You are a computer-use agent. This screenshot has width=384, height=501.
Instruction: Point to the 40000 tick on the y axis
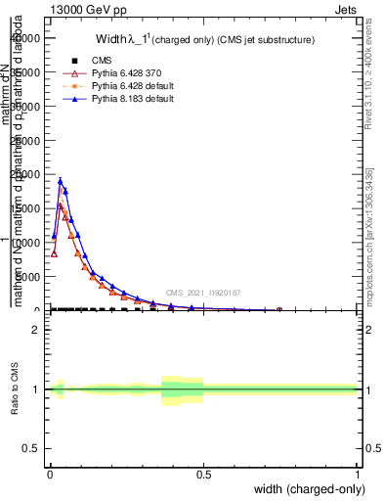pos(29,38)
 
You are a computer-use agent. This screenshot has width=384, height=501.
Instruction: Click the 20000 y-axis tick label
pos(29,174)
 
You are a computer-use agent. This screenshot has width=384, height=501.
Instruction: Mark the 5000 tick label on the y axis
pos(32,277)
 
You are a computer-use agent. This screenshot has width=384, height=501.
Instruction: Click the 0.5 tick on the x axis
pos(203,474)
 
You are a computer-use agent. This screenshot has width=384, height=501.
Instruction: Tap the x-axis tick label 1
pos(359,474)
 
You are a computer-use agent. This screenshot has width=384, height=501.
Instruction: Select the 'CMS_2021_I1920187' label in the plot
pos(202,293)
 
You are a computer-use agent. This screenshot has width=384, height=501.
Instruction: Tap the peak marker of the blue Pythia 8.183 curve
pos(60,180)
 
